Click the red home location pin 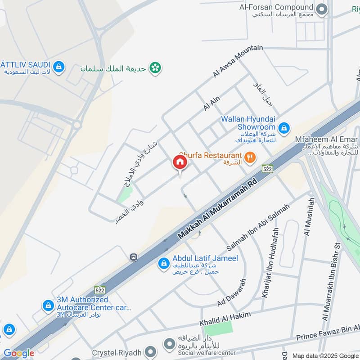tap(180, 162)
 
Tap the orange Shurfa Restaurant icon tap(250, 157)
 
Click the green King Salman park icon tap(156, 68)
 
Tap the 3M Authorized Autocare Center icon tap(48, 306)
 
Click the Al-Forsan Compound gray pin tap(321, 9)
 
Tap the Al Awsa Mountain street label tap(238, 62)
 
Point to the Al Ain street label tap(211, 104)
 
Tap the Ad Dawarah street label tap(232, 293)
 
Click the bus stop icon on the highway tap(133, 257)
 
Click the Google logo tap(18, 353)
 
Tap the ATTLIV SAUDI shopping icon tap(58, 67)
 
